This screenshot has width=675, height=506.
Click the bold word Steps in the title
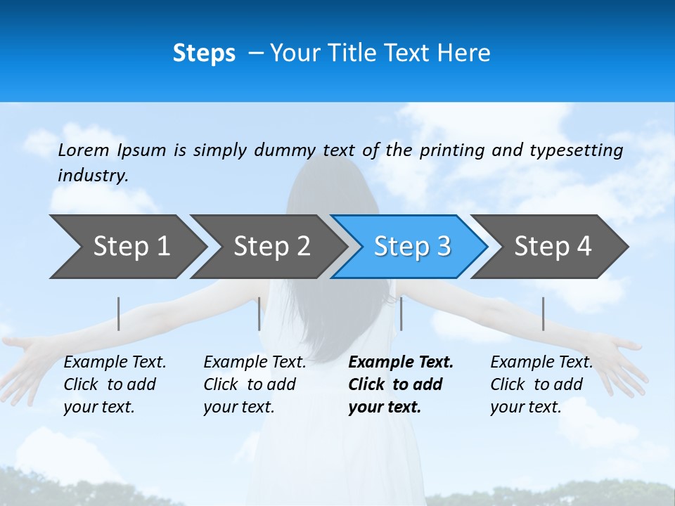(x=204, y=53)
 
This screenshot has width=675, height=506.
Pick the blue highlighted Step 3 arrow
(x=411, y=247)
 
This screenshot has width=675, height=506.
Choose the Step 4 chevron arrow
(x=552, y=247)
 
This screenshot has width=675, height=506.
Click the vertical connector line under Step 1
(x=119, y=313)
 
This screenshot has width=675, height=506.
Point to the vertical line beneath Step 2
(x=259, y=313)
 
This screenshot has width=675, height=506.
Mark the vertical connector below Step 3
(x=401, y=313)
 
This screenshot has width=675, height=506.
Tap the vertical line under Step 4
(x=543, y=313)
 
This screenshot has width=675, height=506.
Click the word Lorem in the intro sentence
(x=84, y=150)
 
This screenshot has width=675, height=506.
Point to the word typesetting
(x=576, y=150)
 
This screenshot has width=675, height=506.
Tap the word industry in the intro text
(x=92, y=176)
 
